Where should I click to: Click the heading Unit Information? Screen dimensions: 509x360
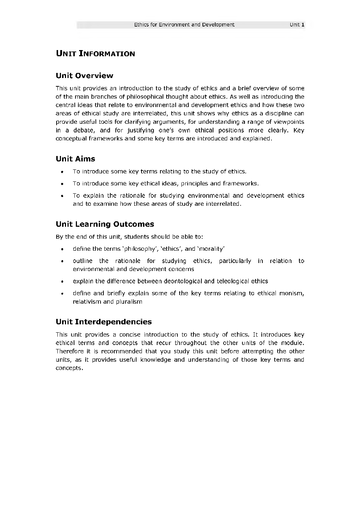point(95,54)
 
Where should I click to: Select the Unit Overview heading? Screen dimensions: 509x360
point(84,75)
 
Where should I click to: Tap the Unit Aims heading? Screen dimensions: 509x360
point(75,159)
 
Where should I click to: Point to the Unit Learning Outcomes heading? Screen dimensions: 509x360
point(105,224)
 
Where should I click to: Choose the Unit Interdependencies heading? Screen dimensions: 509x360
point(103,321)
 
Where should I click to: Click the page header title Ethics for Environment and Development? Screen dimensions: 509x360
point(184,25)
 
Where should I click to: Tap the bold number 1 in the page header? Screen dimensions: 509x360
point(303,25)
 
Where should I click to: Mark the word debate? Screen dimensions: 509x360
point(83,130)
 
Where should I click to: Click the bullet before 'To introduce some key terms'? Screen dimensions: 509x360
point(63,172)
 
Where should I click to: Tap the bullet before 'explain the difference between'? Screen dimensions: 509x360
point(63,281)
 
